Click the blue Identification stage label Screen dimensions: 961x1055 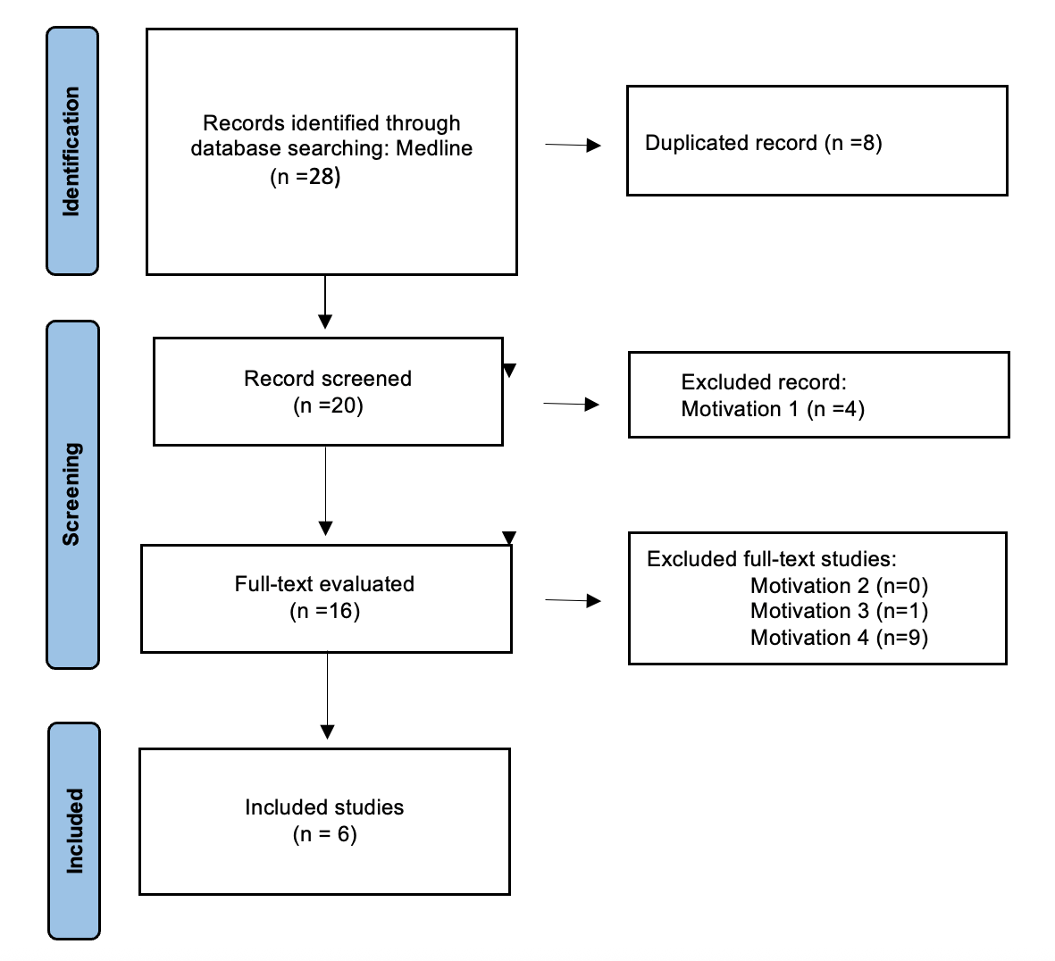tap(71, 151)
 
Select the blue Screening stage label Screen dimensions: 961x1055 tap(71, 494)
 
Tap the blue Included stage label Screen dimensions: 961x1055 tap(73, 831)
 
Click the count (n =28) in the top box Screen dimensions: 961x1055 tap(306, 176)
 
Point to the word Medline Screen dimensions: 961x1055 tap(434, 148)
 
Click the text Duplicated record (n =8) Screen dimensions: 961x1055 tap(763, 143)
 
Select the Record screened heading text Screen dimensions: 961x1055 tap(328, 379)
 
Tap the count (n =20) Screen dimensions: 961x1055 tap(328, 405)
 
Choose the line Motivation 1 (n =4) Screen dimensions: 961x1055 tap(773, 409)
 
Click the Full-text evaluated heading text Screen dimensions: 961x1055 tap(324, 584)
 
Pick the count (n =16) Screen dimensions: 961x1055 tap(324, 611)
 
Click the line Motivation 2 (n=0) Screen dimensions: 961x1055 tap(839, 586)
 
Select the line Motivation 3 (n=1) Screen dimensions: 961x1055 tap(839, 611)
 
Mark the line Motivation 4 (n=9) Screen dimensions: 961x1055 tap(839, 638)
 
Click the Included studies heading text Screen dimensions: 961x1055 tap(324, 807)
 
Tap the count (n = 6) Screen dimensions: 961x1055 tap(324, 834)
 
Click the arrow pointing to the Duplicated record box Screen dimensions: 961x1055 tap(573, 145)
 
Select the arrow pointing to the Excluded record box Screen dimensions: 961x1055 tap(571, 405)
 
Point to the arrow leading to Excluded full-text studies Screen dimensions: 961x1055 tap(573, 601)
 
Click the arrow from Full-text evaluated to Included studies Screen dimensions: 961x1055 tap(327, 696)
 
